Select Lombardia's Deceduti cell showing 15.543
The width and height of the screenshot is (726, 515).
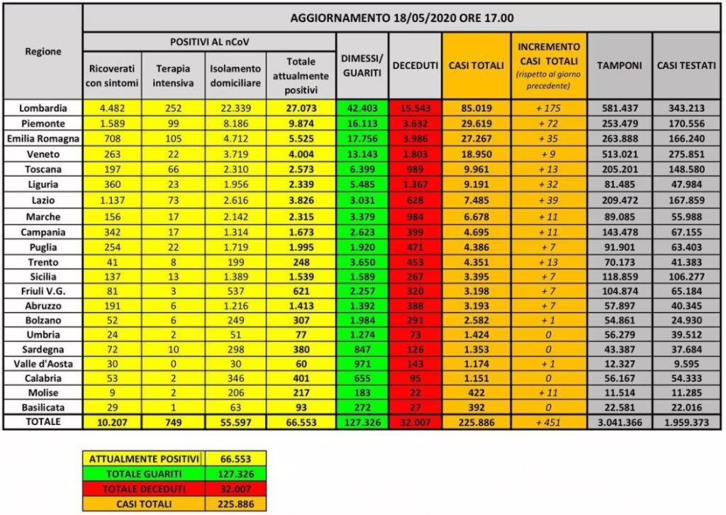pos(415,109)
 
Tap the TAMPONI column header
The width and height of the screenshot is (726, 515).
pos(619,65)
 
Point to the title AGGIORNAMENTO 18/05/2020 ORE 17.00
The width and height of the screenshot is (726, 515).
pos(403,18)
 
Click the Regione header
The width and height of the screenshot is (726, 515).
pos(43,51)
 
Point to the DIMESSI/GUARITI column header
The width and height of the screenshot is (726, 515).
pos(362,65)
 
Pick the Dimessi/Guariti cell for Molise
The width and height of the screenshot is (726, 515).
pos(362,392)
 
